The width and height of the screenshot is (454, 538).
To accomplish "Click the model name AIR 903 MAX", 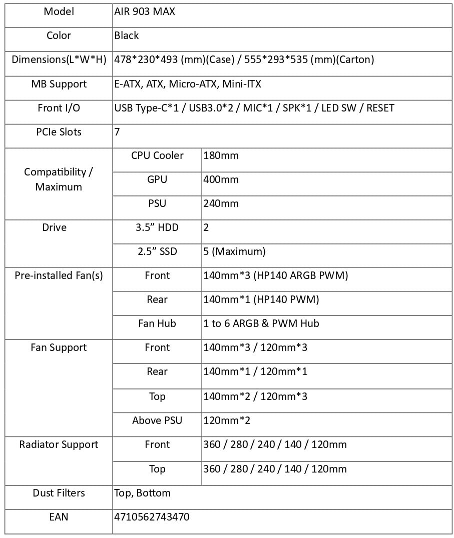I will coord(145,11).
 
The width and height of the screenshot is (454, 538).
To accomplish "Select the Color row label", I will coord(59,35).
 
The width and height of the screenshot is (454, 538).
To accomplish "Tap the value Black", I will coord(127,35).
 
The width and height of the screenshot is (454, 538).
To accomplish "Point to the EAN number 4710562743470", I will coord(152,516).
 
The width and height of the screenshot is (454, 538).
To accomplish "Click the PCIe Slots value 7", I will coord(117,132).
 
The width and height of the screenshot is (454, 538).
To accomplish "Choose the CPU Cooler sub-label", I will coord(157,155).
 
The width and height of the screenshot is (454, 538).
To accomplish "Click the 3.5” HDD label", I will coord(157,227).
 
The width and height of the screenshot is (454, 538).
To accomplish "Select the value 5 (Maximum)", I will coord(234,251).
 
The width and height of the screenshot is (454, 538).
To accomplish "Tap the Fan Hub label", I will coord(157,323).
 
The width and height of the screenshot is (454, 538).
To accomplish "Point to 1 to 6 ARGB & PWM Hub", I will coord(261,323).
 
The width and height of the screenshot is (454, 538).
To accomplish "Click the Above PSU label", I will coord(157,420).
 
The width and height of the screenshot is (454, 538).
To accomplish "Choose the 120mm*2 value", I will coord(227,420).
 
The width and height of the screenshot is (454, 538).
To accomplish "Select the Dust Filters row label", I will coord(59,493).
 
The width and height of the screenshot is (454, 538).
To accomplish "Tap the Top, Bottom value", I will coord(142,493).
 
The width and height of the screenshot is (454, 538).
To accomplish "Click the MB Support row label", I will coord(59,84).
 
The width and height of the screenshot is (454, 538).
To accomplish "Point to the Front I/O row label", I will coord(59,108).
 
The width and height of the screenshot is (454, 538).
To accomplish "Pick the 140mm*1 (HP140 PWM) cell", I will coord(261,299).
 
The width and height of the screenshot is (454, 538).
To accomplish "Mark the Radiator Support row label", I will coord(59,444).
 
